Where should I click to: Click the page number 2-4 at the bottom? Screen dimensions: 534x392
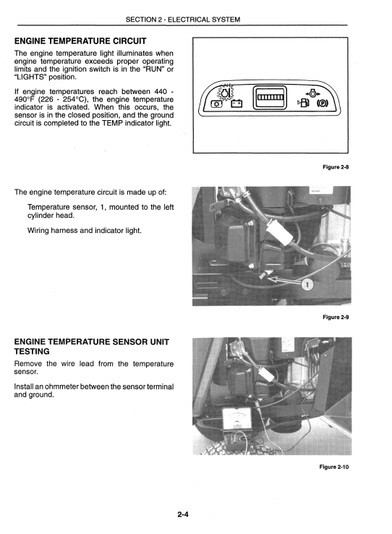pyautogui.click(x=182, y=514)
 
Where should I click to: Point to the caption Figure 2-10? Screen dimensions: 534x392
pyautogui.click(x=333, y=466)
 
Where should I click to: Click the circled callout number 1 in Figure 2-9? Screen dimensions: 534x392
pyautogui.click(x=307, y=284)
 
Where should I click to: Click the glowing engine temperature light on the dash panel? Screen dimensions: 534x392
pyautogui.click(x=225, y=94)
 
